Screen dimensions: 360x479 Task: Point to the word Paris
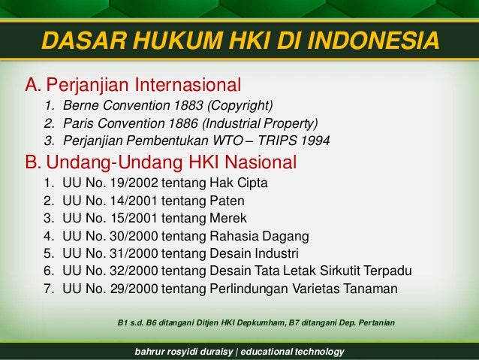pyautogui.click(x=80, y=123)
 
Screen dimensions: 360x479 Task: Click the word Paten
pyautogui.click(x=238, y=201)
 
